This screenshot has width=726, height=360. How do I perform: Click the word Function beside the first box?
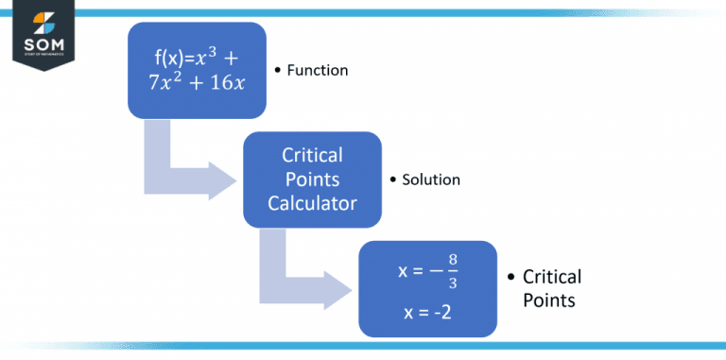point(319,70)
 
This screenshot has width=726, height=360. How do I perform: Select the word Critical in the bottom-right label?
point(552,277)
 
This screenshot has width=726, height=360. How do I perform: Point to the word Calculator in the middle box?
point(312,202)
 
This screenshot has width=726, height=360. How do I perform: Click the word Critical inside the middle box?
point(312,155)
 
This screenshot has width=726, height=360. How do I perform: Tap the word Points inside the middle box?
point(312,179)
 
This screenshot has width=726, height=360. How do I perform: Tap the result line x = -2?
point(425,310)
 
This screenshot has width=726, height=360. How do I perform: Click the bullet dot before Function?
point(278,71)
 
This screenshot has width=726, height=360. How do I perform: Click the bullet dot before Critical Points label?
point(511,278)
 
